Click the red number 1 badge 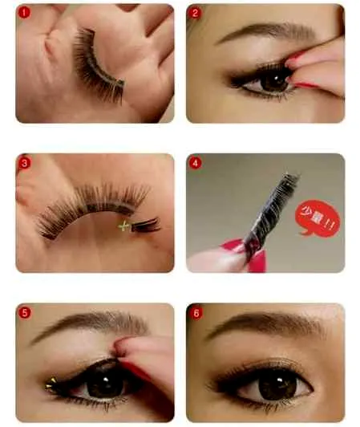click(x=24, y=13)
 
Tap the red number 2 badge click(x=195, y=13)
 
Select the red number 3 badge click(x=24, y=163)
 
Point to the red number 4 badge click(x=195, y=163)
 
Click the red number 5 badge click(x=24, y=313)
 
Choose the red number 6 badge click(x=196, y=313)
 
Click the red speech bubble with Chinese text click(x=318, y=218)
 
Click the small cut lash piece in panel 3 click(x=146, y=225)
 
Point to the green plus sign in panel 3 click(x=123, y=226)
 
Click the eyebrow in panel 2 click(x=268, y=32)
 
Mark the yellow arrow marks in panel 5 click(x=51, y=384)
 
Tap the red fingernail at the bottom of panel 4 click(x=257, y=261)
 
